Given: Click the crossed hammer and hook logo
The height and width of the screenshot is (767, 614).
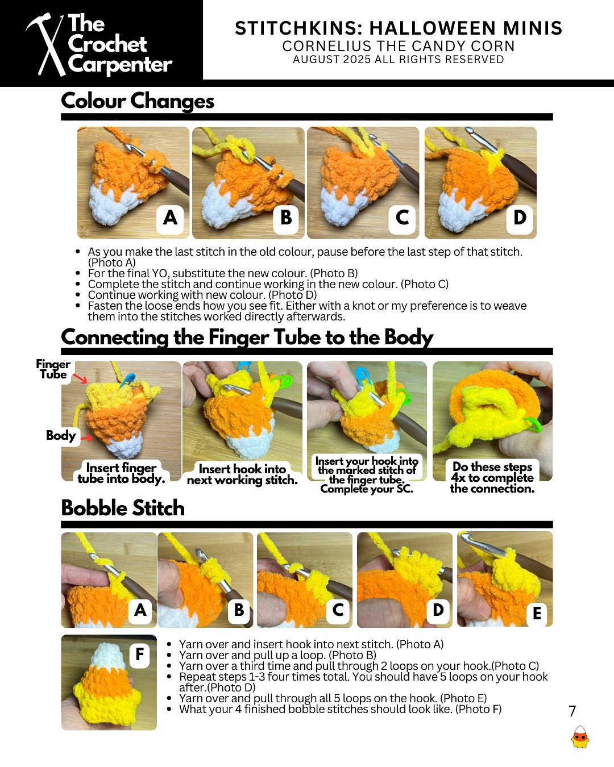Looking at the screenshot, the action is [47, 44].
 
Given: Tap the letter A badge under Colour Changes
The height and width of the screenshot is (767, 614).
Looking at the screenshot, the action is [170, 218].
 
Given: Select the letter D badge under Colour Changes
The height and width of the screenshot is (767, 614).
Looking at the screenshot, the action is [520, 218].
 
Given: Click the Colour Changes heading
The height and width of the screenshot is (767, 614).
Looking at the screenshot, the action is [138, 101].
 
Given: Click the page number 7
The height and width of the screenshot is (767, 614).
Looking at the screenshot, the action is [572, 711].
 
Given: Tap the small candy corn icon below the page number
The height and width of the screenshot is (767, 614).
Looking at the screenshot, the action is [580, 737].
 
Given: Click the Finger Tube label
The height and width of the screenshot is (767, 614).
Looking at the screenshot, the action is [53, 369].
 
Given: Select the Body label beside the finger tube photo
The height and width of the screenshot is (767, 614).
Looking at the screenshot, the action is [61, 435].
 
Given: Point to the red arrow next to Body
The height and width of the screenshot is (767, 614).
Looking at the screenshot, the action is [86, 437].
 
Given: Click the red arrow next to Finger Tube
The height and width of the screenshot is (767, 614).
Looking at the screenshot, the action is [80, 378].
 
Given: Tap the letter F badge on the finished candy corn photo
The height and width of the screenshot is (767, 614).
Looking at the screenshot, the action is [140, 654].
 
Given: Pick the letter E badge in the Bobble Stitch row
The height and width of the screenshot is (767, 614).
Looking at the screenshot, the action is [537, 613].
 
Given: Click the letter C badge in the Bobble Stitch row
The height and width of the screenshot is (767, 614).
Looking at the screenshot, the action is [338, 610].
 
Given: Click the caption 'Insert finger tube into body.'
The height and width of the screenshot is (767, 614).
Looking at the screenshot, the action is [121, 473].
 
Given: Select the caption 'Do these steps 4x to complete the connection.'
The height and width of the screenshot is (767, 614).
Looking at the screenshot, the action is [492, 477].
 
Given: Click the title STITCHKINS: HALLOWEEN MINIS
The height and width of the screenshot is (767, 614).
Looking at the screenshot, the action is [399, 28].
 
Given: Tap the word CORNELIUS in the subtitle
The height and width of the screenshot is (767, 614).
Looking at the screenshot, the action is [327, 47].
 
